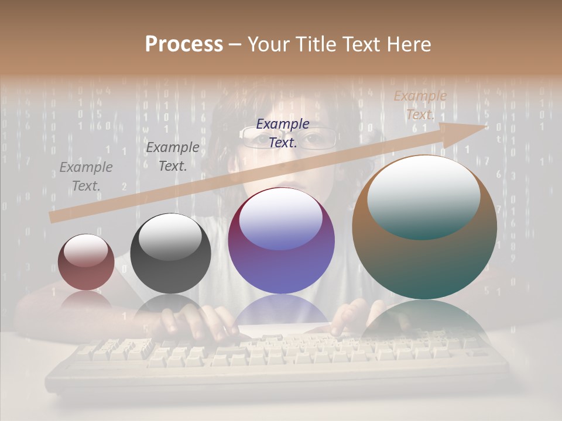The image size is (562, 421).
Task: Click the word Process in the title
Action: [x=184, y=44]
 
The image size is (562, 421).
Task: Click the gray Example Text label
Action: [x=86, y=177]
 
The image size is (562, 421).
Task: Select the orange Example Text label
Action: [x=420, y=105]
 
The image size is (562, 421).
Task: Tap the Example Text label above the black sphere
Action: [x=173, y=156]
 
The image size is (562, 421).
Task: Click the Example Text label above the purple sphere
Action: [x=283, y=133]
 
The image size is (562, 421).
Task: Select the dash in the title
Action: [x=235, y=44]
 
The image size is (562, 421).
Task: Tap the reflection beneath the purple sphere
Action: [x=281, y=310]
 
